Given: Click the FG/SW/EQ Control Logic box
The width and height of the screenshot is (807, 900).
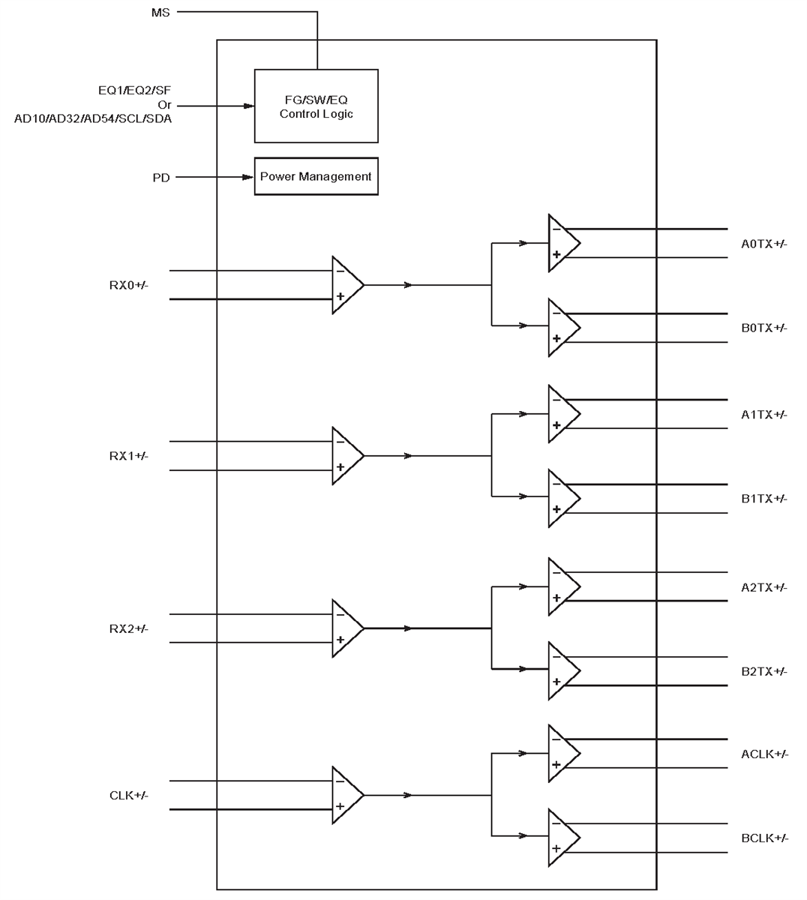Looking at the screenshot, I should click(316, 106).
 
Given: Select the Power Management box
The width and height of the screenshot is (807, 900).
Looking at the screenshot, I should click(316, 176).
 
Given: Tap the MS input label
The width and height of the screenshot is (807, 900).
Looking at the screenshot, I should click(161, 13).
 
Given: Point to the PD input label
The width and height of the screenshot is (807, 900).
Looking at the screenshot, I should click(161, 178).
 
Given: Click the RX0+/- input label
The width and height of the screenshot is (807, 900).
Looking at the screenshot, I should click(129, 285).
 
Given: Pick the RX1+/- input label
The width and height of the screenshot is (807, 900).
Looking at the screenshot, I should click(129, 456).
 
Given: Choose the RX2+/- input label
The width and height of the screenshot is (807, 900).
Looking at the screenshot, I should click(129, 628).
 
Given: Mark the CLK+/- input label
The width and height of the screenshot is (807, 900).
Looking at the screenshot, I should click(129, 795).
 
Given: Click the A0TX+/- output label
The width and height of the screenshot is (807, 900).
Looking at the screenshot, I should click(763, 244).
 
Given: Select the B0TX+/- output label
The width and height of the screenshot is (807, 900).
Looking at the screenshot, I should click(763, 328).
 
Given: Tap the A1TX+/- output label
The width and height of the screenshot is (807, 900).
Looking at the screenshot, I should click(763, 415).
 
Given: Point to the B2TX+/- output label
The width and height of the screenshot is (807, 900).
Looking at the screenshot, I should click(763, 671).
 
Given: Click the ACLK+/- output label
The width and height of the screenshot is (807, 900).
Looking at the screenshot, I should click(764, 754).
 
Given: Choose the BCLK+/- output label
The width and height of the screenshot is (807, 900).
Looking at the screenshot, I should click(764, 838).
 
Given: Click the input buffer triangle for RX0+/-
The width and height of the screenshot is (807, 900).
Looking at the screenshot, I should click(346, 285).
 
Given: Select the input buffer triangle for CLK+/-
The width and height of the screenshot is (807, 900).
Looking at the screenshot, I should click(346, 795).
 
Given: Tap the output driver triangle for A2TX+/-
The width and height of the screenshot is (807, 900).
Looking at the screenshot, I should click(562, 586).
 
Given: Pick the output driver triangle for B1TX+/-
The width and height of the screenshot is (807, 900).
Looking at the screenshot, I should click(562, 498).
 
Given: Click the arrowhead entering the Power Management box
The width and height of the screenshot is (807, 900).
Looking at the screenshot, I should click(247, 178).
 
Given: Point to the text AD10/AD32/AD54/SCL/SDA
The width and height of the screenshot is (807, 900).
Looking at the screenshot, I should click(93, 118).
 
